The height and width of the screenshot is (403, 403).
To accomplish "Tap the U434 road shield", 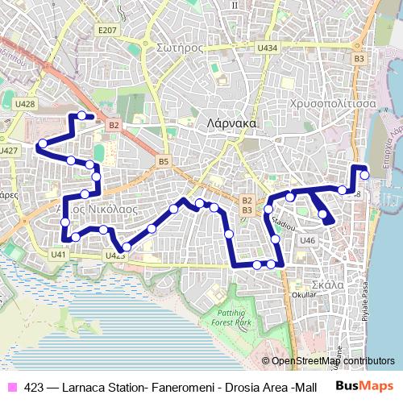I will coord(268,48).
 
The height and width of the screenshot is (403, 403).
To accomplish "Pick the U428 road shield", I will coord(25,104).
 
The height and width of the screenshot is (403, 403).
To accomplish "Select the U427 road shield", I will coord(8,150).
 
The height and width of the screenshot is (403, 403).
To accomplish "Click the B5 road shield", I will coord(164,162).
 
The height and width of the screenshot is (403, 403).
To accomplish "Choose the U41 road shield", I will coord(57,255).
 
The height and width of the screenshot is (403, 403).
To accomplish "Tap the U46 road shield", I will coord(307,240).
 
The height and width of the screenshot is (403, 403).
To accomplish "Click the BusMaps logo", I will coord(364,386).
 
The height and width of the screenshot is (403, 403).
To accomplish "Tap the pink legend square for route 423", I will coord(12,387).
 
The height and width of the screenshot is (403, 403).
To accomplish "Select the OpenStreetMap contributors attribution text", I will coord(333,361).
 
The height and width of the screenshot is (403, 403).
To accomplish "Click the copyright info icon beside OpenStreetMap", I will coord(266,361).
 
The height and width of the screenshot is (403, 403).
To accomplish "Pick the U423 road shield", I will coord(115,256).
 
